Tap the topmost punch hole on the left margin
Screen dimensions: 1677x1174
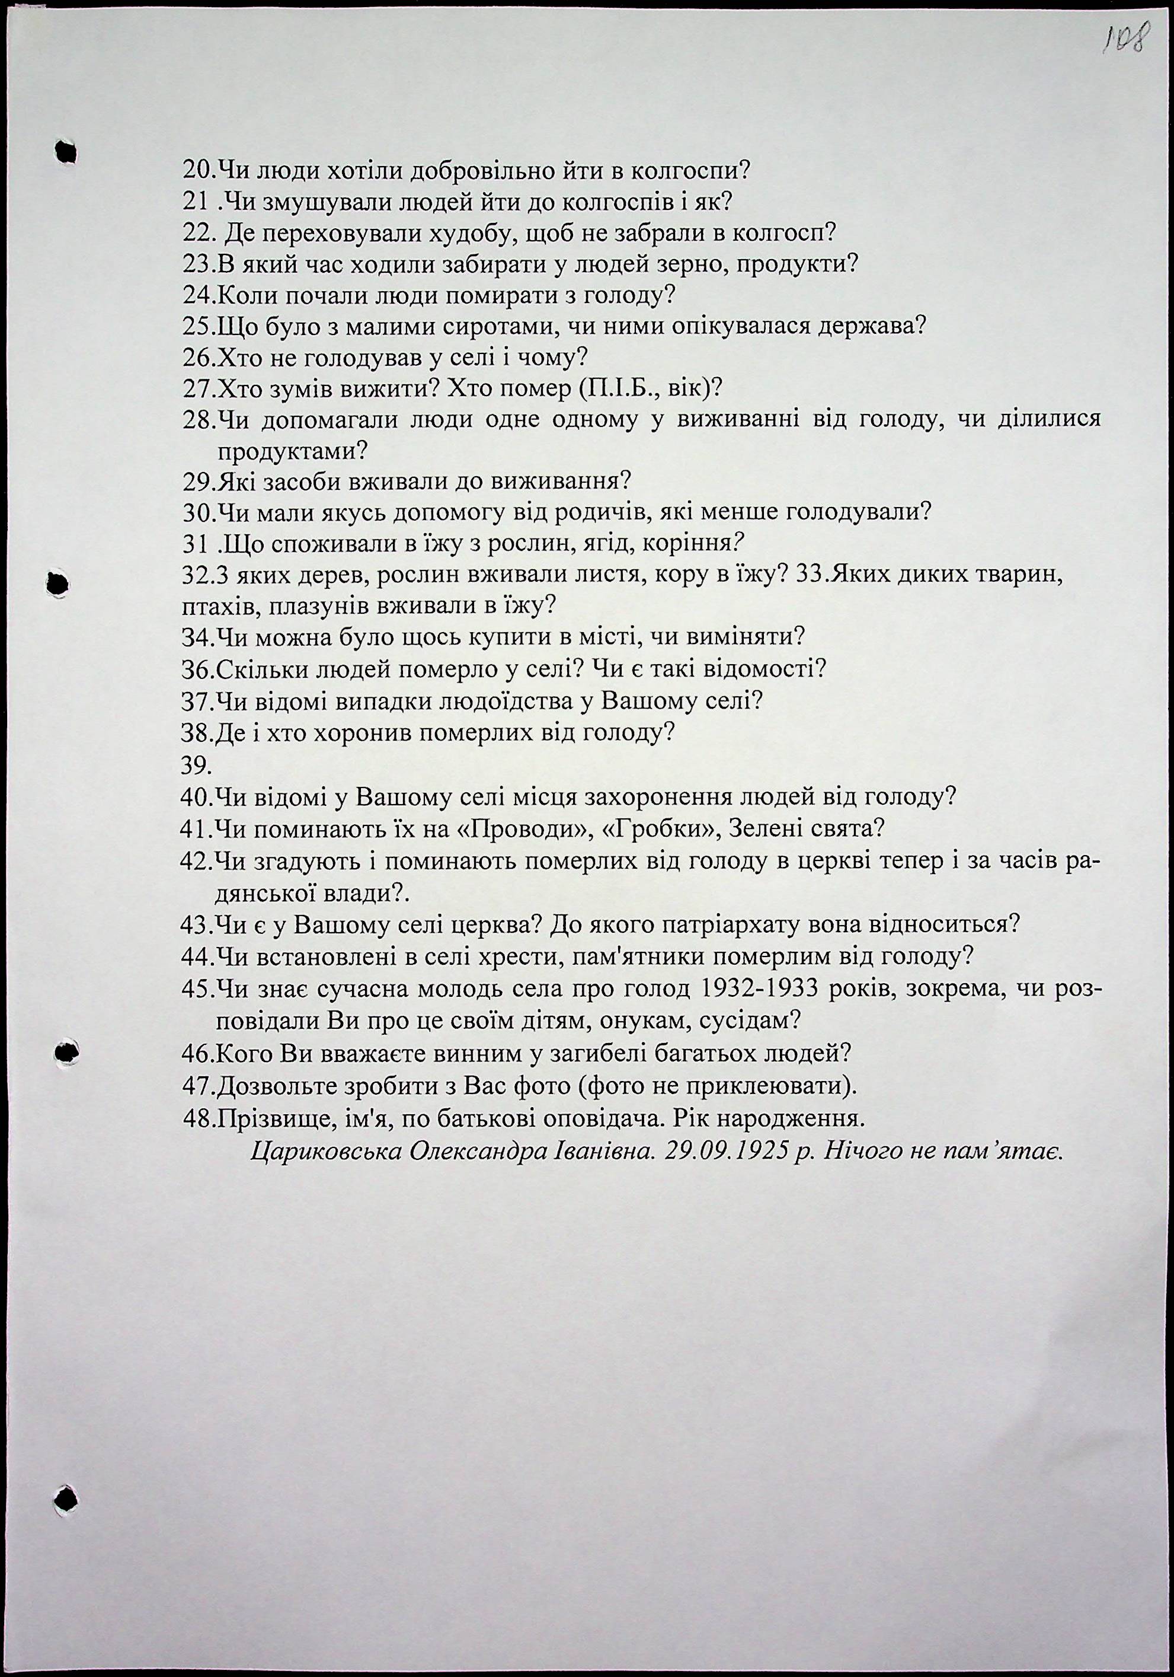pyautogui.click(x=66, y=151)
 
